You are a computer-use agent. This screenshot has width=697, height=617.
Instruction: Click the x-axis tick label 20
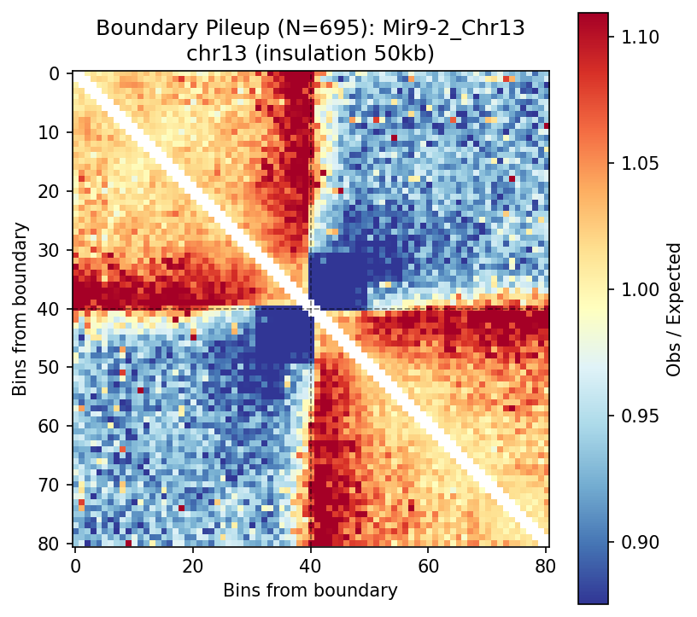click(193, 565)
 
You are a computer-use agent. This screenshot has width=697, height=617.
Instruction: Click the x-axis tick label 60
click(429, 565)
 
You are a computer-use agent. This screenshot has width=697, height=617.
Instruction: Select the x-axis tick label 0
click(75, 565)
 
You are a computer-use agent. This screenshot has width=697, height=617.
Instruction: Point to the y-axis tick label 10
click(54, 133)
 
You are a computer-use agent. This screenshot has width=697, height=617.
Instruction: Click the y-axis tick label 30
click(54, 251)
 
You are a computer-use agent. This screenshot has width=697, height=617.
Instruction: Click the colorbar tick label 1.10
click(636, 38)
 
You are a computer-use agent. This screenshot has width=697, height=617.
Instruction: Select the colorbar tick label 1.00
click(636, 290)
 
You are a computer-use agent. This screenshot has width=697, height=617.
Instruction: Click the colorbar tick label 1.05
click(636, 164)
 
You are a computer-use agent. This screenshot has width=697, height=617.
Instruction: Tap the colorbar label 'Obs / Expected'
click(675, 309)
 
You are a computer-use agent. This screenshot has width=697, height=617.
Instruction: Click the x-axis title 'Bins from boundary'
click(310, 591)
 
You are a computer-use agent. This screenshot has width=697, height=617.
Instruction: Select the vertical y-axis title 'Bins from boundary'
click(20, 309)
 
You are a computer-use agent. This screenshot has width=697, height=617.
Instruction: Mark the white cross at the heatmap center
click(311, 309)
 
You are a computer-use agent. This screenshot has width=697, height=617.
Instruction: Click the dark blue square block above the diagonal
click(337, 281)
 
